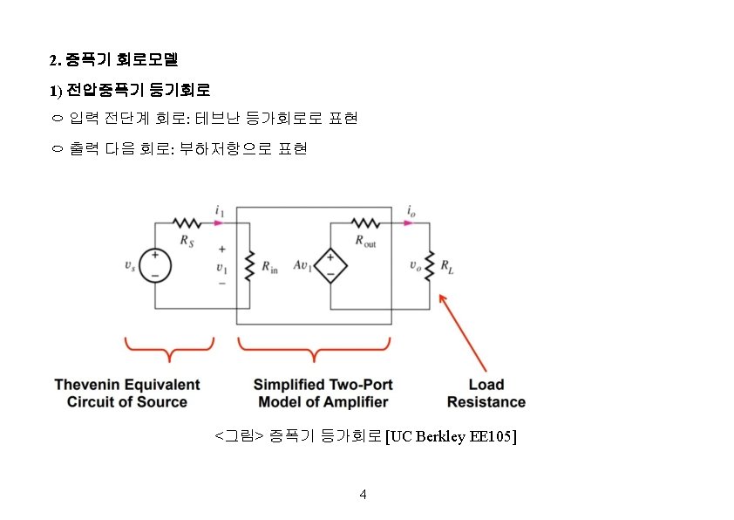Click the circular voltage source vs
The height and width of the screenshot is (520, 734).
point(155,266)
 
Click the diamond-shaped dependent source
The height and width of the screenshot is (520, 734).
point(330,266)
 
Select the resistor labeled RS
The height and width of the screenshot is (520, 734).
point(187,223)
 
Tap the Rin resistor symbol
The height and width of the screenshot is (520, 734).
point(249,266)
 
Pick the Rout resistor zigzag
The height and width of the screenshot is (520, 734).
point(364,223)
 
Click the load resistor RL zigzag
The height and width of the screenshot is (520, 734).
point(430,265)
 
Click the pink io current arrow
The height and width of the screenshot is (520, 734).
point(410,222)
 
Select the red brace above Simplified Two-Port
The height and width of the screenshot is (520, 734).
point(314,350)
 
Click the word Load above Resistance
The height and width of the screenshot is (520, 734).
point(486,385)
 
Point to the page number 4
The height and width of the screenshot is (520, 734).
point(364,495)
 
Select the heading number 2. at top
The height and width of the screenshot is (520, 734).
point(55,61)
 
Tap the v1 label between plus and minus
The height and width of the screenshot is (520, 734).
point(221,267)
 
